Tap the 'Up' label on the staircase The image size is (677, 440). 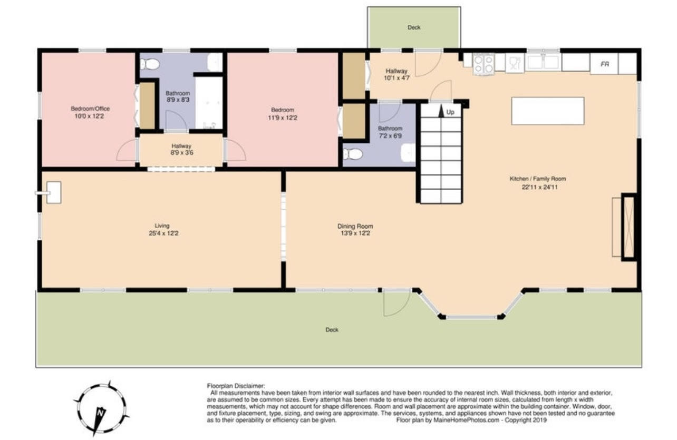click(x=450, y=112)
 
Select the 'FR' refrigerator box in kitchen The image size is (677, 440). click(x=605, y=64)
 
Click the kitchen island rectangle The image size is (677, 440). click(x=548, y=111)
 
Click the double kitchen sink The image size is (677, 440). click(x=543, y=62)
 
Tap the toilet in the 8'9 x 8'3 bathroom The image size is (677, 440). click(x=150, y=64)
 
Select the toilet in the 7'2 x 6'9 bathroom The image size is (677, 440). click(x=353, y=154)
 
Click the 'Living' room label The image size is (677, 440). click(x=162, y=226)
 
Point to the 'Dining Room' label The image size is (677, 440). click(x=355, y=226)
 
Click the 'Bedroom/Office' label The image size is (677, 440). click(x=90, y=109)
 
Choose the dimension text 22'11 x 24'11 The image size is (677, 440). click(x=537, y=187)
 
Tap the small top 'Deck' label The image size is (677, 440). click(x=414, y=27)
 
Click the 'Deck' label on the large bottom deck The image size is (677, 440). click(x=332, y=330)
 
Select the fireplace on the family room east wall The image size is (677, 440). click(x=629, y=227)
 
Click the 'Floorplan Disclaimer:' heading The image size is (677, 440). click(x=236, y=386)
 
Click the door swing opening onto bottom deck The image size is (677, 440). click(x=396, y=302)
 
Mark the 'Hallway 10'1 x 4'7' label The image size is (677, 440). click(x=396, y=74)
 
